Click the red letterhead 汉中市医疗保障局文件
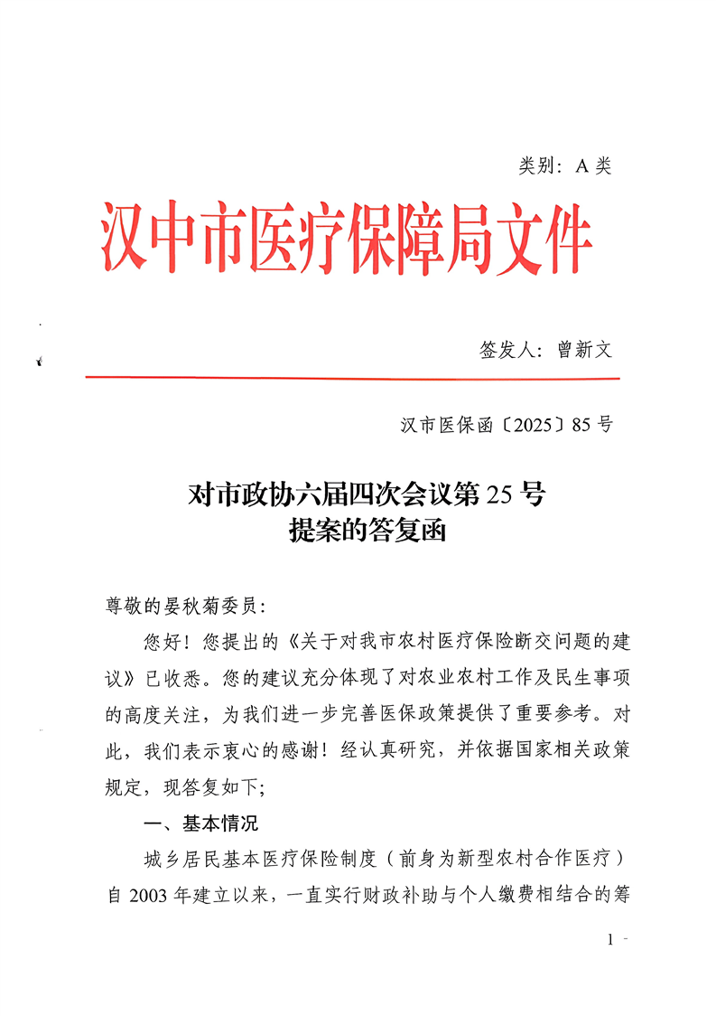click(x=346, y=238)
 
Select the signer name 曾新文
click(x=584, y=350)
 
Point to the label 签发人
click(x=507, y=350)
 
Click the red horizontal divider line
click(x=350, y=378)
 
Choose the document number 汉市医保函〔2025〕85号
click(x=507, y=425)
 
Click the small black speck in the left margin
click(x=40, y=361)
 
